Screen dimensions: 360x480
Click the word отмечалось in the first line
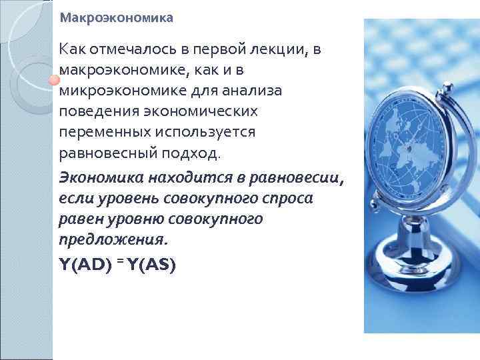pos(125,49)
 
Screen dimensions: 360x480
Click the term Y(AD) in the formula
pos(85,265)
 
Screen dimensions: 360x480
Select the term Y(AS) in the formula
pos(151,265)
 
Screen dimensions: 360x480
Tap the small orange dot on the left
pos(51,81)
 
